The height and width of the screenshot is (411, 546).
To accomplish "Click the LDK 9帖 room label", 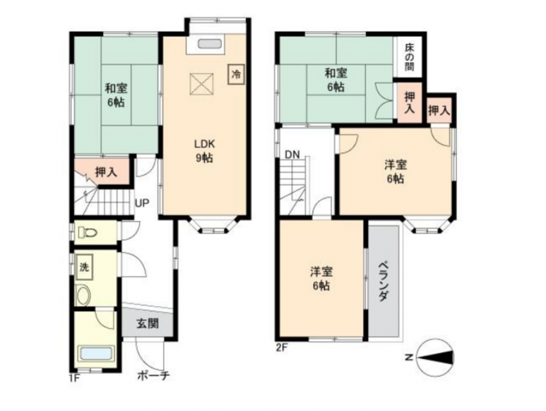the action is [204, 151].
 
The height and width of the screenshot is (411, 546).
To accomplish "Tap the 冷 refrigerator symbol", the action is [236, 74].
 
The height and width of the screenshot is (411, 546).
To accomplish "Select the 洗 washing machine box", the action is [84, 267].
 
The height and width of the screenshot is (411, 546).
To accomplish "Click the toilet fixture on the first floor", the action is [87, 232].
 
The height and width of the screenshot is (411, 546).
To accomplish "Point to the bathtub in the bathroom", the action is [97, 355].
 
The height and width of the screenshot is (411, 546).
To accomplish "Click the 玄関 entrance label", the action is [147, 323].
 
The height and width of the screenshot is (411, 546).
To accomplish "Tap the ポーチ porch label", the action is [153, 376].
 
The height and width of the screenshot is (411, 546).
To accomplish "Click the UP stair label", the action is [142, 203].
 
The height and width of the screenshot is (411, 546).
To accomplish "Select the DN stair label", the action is [292, 154].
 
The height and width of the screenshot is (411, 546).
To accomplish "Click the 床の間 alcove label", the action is [410, 57].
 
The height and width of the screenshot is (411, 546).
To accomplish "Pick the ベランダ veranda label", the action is [384, 281].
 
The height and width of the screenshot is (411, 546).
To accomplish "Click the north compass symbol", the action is [435, 358].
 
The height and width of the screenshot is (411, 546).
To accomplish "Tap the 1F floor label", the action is [74, 378].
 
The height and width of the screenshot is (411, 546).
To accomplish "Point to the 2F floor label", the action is [282, 347].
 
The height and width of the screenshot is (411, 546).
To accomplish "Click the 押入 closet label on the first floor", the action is [106, 172].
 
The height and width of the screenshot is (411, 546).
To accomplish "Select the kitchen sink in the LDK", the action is [210, 45].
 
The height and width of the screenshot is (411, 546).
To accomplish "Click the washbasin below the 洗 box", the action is [84, 295].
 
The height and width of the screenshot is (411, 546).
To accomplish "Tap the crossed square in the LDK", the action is [201, 84].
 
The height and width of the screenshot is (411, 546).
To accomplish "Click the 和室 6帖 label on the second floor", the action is [336, 79].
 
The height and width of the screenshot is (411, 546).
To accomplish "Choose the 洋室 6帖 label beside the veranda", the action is [321, 279].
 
